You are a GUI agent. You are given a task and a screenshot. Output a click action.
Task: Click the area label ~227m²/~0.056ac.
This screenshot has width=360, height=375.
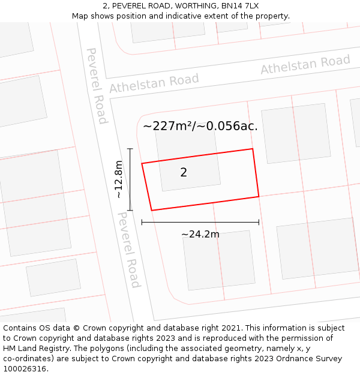tap(200, 126)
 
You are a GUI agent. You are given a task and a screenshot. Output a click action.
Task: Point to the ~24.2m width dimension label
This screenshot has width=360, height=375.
tap(200, 234)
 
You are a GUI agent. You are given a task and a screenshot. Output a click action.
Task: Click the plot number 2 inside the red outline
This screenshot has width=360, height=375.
tap(184, 173)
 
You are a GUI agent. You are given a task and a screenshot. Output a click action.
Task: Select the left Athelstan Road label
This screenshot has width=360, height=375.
tap(154, 83)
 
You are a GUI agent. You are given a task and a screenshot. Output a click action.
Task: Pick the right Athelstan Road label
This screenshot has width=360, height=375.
tap(305, 65)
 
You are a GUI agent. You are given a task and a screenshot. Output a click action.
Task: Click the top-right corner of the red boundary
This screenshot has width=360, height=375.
tap(253, 149)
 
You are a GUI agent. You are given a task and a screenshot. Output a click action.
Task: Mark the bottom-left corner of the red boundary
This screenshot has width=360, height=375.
tap(151, 210)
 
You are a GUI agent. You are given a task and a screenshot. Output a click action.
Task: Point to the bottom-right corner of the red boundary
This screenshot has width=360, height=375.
tap(259, 196)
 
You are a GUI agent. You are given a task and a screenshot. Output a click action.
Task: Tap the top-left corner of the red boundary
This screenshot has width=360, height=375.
tap(142, 163)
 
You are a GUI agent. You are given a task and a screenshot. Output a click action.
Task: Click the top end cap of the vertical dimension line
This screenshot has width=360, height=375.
tap(130, 148)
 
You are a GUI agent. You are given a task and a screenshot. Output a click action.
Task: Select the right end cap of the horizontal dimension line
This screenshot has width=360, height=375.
tap(259, 222)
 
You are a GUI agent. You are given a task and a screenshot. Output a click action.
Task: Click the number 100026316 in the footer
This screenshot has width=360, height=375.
tap(25, 369)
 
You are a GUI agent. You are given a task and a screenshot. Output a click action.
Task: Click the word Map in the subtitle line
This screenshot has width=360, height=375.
tap(80, 16)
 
